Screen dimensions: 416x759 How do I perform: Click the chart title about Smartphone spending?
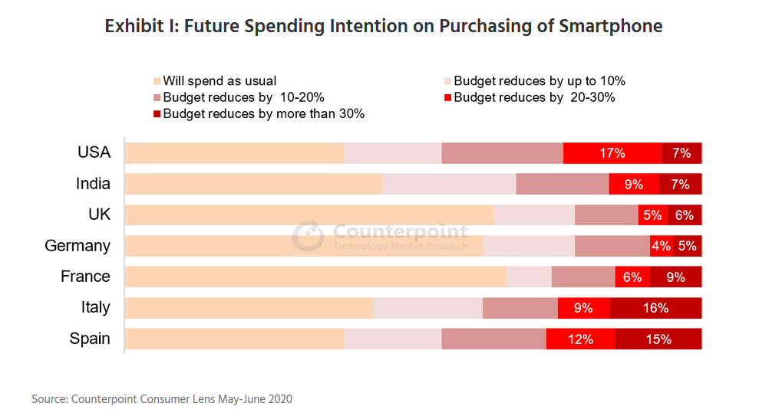(383, 26)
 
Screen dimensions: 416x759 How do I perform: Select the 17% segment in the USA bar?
(612, 153)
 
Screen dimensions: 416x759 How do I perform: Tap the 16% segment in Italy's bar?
(655, 308)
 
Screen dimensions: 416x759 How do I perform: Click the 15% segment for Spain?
(658, 339)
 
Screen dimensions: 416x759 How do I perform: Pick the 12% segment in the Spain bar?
(580, 339)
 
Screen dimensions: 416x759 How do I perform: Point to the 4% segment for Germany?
(660, 246)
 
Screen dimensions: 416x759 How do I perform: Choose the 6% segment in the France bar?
(632, 277)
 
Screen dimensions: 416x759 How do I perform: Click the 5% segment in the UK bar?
(652, 215)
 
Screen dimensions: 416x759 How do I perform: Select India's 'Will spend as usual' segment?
(253, 184)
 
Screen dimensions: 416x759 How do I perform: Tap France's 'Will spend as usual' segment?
(315, 277)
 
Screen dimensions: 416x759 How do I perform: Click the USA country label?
(94, 152)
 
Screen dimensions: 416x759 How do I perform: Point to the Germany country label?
(78, 246)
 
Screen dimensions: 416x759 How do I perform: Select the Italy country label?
(95, 308)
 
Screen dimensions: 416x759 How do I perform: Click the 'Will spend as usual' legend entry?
(219, 81)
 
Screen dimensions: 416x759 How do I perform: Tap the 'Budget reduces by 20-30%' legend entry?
(534, 97)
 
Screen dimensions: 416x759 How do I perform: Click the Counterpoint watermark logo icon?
(308, 236)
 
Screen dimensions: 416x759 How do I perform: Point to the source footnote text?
(162, 399)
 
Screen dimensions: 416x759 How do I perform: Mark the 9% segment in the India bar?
(633, 184)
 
